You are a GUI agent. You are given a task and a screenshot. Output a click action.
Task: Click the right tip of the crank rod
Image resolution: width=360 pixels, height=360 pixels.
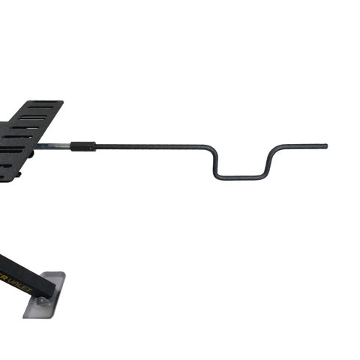coord(325,145)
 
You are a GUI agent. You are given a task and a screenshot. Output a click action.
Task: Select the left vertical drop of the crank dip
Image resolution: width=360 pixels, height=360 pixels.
coord(214,162)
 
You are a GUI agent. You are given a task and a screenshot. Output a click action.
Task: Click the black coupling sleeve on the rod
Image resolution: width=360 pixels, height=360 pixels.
coord(83,146)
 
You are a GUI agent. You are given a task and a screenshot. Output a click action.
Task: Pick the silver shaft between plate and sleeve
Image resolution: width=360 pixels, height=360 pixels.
coord(52,145)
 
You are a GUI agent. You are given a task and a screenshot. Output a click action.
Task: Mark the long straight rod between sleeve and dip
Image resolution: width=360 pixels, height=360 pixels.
coord(150,146)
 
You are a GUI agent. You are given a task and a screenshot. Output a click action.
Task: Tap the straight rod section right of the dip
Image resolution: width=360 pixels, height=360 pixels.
coord(304,145)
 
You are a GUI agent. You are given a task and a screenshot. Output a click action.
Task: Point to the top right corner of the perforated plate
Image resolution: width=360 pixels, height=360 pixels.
coord(62,102)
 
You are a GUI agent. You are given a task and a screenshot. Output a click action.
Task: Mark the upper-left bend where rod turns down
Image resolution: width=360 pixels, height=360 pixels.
coord(208,148)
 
